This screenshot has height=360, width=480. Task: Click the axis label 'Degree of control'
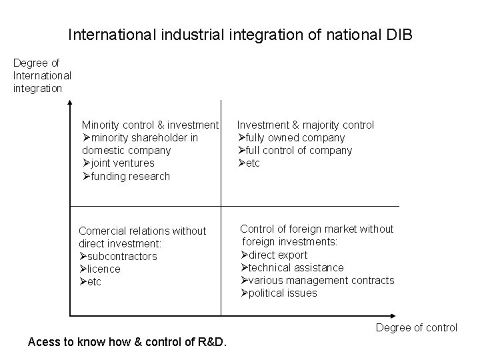[x=416, y=327]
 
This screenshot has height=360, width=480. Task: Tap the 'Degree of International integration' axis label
[x=41, y=75]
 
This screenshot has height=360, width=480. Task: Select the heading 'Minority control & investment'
[x=150, y=125]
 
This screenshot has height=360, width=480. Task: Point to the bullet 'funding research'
[x=129, y=177]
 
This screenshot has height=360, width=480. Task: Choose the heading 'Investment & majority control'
[x=306, y=125]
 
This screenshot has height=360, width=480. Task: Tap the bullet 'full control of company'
[x=299, y=151]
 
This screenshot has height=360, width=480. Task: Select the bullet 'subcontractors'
[x=121, y=257]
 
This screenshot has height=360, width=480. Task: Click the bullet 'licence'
[x=103, y=269]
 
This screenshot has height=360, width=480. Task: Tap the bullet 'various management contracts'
[x=321, y=281]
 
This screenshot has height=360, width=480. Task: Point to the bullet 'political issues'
[x=282, y=293]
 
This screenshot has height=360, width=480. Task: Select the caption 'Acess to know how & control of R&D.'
[x=127, y=343]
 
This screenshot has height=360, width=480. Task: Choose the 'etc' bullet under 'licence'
[x=93, y=282]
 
